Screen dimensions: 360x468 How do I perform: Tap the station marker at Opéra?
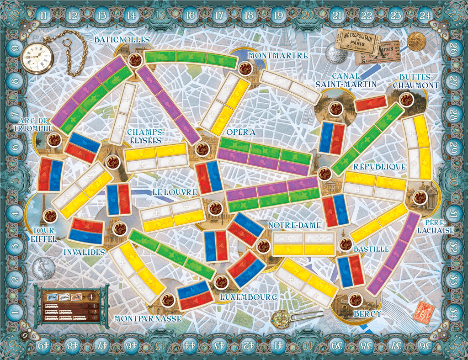pyautogui.click(x=202, y=149)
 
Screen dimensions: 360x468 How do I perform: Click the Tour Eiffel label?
pyautogui.click(x=44, y=235)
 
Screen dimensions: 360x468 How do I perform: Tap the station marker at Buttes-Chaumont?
pyautogui.click(x=405, y=100)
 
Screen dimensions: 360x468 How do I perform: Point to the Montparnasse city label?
pyautogui.click(x=148, y=318)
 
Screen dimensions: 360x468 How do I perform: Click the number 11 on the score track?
pyautogui.click(x=43, y=15)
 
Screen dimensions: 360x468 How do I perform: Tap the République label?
pyautogui.click(x=379, y=167)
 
